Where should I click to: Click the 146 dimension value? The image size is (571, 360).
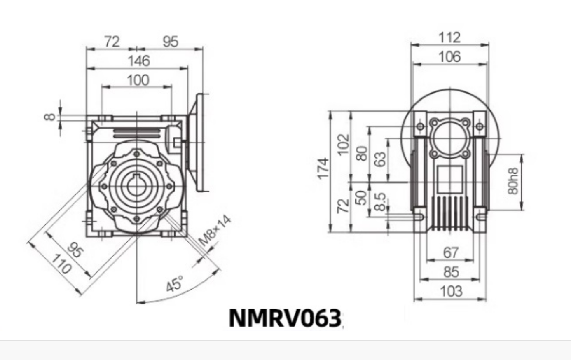[138, 61]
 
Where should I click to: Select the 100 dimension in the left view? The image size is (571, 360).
[138, 80]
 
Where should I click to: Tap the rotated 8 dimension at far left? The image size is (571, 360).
[50, 117]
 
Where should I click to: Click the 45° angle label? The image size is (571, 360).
[175, 284]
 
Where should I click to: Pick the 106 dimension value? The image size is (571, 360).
[449, 57]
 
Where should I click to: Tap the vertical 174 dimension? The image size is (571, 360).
[323, 168]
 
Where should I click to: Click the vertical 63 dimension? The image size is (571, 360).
[381, 159]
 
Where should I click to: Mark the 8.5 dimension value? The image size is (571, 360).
[381, 201]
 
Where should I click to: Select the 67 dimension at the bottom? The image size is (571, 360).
[451, 252]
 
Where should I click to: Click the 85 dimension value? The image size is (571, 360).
[451, 272]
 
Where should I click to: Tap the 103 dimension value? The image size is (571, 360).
[451, 291]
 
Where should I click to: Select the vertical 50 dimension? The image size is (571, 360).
[361, 197]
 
